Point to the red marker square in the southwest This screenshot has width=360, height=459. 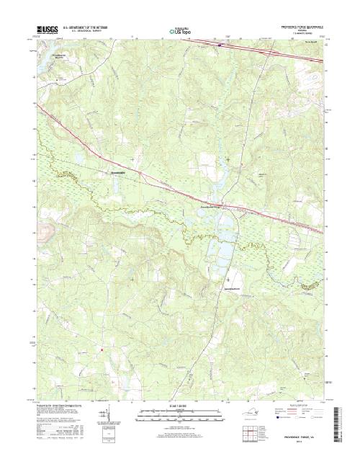(x=102, y=350)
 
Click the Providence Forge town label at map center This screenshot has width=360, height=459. (x=213, y=208)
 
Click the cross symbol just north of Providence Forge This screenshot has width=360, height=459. (x=228, y=159)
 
